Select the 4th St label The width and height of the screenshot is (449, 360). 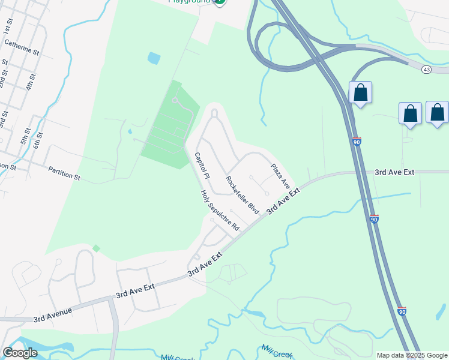tap(29, 81)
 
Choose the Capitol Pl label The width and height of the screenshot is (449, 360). tap(202, 166)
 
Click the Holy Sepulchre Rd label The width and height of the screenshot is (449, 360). tap(220, 211)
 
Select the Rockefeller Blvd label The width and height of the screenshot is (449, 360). tap(242, 195)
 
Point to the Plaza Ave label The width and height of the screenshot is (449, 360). tap(280, 178)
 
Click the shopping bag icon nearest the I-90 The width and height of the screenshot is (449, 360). tap(360, 93)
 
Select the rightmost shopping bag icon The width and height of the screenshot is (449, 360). tap(437, 112)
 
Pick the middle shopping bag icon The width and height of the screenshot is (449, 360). tap(410, 113)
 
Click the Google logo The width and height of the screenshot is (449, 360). tap(20, 353)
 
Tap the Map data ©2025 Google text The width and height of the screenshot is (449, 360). tap(412, 355)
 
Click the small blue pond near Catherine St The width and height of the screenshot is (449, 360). tap(154, 58)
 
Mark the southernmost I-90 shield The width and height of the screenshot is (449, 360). tap(402, 311)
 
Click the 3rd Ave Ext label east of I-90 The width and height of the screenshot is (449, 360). tap(394, 172)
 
